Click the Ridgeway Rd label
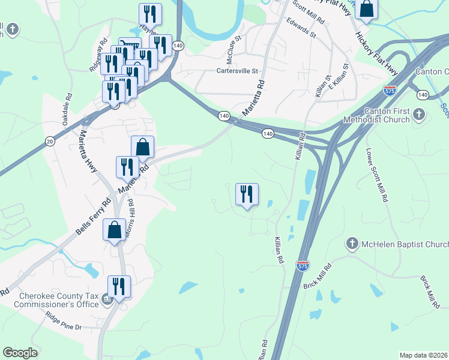(98, 57)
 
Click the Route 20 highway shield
(49, 140)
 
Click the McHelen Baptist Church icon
(352, 244)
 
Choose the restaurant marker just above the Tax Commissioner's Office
(119, 287)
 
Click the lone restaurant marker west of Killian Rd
(247, 195)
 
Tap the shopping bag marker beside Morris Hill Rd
(114, 230)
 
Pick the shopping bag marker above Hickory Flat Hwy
(367, 9)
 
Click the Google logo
(20, 353)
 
